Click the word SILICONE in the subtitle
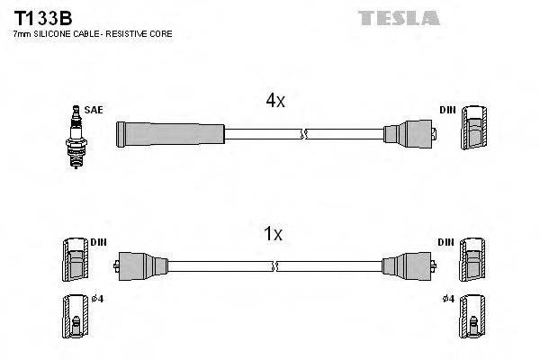tap(53, 34)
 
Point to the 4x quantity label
tap(275, 102)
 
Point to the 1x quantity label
tap(273, 235)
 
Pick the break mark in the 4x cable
tap(304, 134)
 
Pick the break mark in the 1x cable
tap(274, 265)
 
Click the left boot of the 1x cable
tap(140, 265)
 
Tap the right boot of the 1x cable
tap(408, 265)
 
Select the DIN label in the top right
tap(447, 110)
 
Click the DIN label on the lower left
tap(98, 243)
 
